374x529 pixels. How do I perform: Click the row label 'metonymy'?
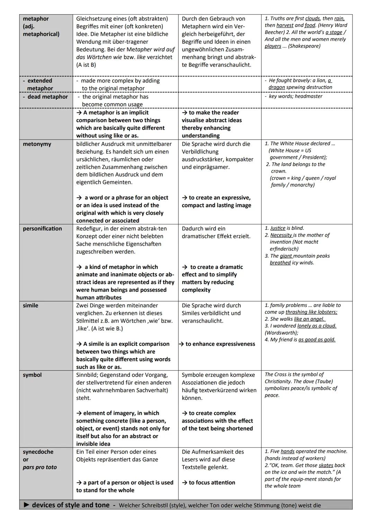(37, 144)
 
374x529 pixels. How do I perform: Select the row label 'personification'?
(42, 229)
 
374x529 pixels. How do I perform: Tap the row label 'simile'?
(30, 306)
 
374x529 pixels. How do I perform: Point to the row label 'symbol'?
(32, 375)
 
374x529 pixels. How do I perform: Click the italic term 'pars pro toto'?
(40, 467)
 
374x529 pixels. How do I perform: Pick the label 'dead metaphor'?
(47, 97)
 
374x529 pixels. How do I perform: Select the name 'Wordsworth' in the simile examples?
(280, 333)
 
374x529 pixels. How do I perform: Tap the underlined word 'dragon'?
(277, 87)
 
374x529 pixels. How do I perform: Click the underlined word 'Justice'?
(277, 228)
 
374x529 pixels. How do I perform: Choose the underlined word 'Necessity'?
(281, 235)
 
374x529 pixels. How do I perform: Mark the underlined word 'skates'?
(326, 465)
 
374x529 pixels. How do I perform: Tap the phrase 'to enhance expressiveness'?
(220, 344)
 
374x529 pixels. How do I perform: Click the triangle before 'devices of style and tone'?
(27, 505)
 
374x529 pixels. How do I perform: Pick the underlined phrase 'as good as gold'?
(317, 340)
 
